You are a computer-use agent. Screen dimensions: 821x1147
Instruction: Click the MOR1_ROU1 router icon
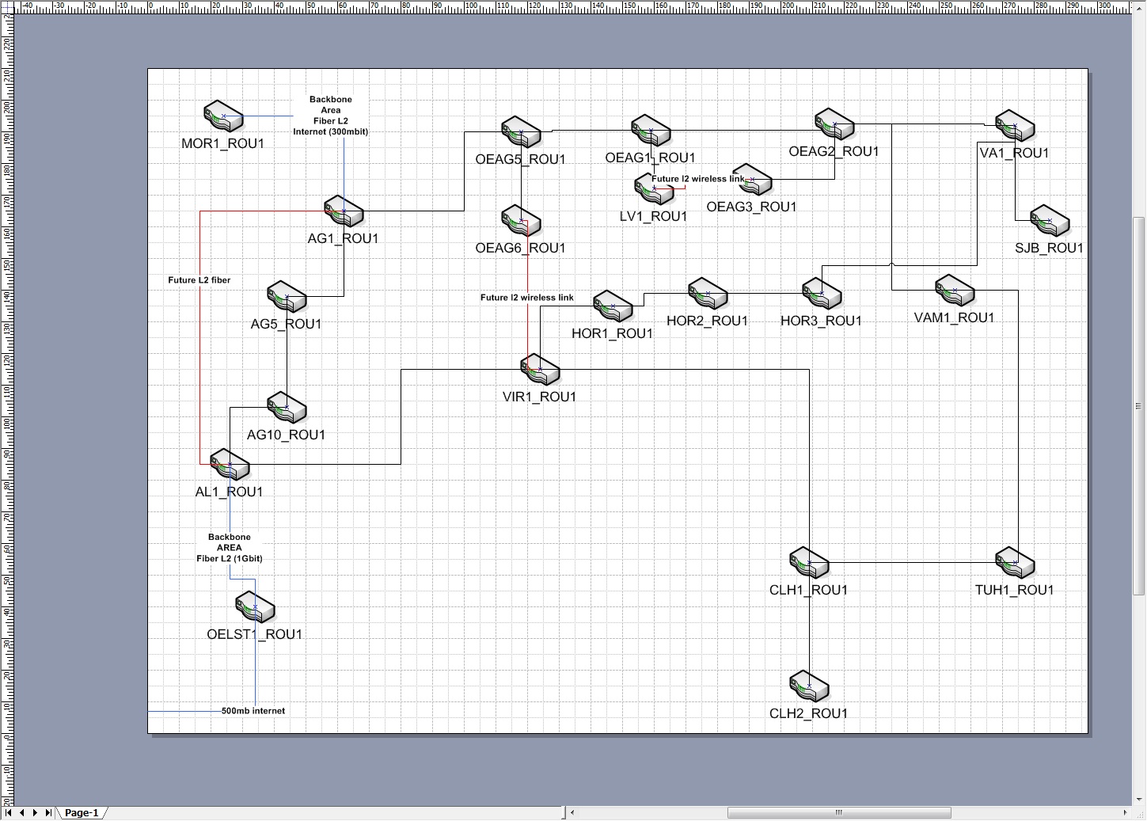pos(223,116)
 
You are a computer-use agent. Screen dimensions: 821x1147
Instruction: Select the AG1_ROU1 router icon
pos(344,211)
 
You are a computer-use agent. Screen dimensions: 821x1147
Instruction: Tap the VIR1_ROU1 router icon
pos(540,370)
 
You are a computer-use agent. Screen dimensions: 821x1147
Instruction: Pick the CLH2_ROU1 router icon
pos(809,686)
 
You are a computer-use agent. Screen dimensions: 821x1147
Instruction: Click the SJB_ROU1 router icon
pos(1050,221)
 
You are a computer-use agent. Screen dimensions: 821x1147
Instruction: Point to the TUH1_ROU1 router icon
pos(1015,563)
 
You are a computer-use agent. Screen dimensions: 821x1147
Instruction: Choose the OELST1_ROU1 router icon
pos(255,607)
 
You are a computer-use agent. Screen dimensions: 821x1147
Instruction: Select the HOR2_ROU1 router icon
pos(708,294)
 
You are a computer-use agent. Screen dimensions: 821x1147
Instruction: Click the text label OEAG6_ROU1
pos(520,249)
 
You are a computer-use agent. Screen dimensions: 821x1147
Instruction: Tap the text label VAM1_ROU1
pos(954,318)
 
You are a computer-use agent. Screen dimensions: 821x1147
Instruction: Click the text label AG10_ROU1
pos(286,435)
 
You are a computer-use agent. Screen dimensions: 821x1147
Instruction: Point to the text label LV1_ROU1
pos(653,217)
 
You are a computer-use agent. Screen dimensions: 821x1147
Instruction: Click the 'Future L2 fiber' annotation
pos(199,280)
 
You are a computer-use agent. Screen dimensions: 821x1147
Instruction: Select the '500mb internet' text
pos(253,711)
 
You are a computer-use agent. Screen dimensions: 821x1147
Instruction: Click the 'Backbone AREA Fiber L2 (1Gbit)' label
pos(230,548)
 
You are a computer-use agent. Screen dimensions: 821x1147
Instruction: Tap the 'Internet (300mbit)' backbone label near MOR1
pos(331,131)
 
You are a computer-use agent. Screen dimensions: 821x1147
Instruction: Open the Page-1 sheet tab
pos(82,813)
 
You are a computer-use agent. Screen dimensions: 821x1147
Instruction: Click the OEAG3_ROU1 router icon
pos(752,180)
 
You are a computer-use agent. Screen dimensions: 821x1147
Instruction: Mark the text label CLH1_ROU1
pos(808,591)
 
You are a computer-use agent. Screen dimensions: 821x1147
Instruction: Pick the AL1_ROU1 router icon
pos(230,465)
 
